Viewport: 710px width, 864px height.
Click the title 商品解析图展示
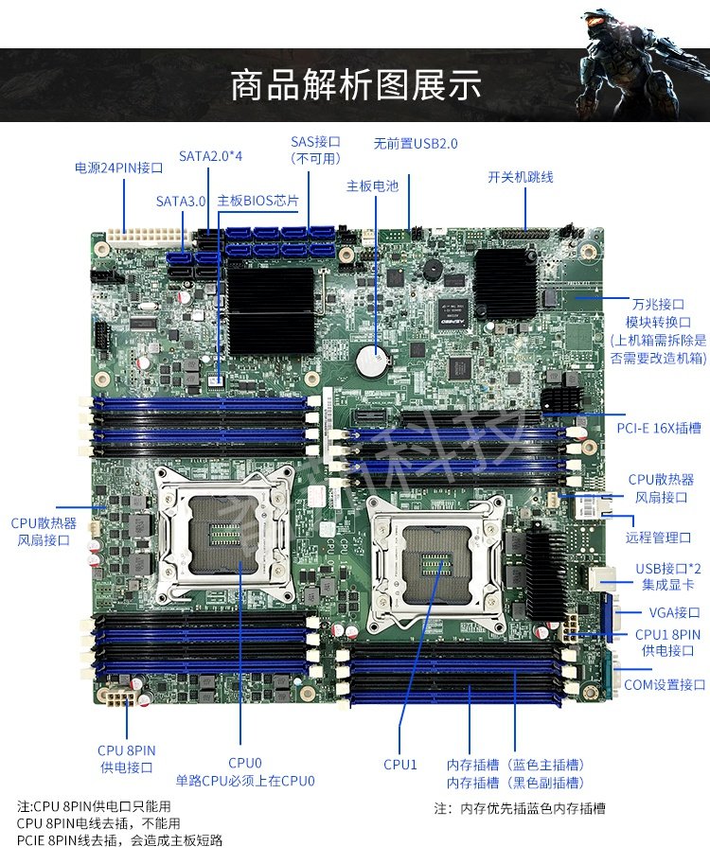(355, 85)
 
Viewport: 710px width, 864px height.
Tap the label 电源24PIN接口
(119, 168)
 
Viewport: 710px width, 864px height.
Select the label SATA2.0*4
(211, 155)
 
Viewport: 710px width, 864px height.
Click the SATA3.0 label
(181, 201)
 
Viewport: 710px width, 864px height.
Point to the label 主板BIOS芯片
(257, 201)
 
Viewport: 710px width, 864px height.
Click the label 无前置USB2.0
(415, 144)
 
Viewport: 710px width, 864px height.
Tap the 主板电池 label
(372, 185)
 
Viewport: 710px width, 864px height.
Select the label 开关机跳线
(520, 177)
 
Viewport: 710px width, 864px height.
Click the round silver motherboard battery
(373, 357)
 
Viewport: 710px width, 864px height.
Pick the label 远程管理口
(658, 537)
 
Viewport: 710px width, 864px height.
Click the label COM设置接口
(665, 684)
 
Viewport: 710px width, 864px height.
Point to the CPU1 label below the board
(399, 764)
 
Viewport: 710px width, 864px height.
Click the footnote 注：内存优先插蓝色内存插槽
(520, 808)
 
